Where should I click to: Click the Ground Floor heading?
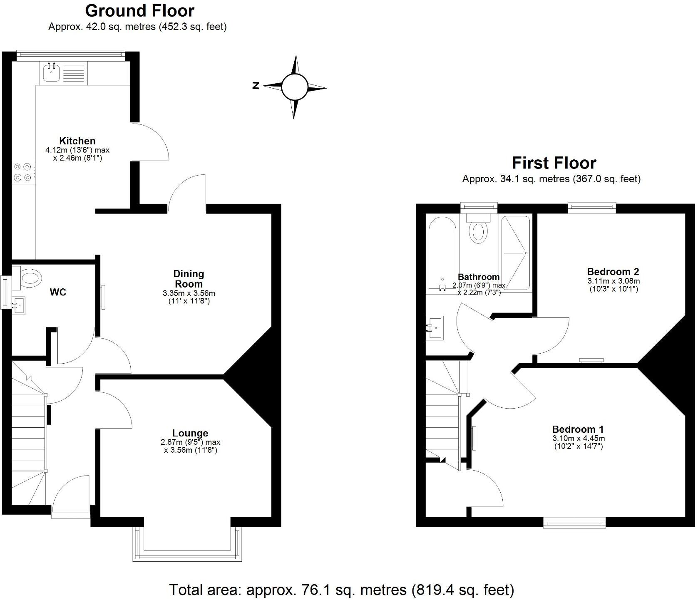point(140,10)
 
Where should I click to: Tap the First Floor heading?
point(554,163)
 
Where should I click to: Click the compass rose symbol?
point(294,87)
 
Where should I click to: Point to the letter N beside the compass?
point(256,86)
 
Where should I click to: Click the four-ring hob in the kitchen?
point(23,172)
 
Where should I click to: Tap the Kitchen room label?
point(77,141)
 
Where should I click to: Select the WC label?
point(58,292)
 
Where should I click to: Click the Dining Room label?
point(189,279)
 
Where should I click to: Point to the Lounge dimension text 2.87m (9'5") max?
point(190,442)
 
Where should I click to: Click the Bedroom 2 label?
point(613,272)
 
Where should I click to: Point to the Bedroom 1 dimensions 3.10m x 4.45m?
point(578,438)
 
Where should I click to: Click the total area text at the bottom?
point(341,589)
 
